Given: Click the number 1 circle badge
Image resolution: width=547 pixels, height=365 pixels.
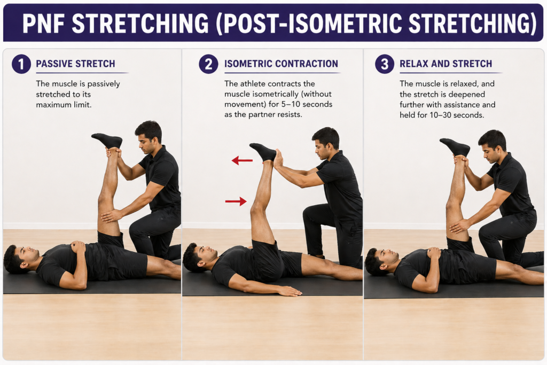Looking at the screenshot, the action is click(21, 64).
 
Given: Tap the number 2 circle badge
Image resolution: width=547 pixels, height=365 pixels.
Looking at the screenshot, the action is click(208, 64).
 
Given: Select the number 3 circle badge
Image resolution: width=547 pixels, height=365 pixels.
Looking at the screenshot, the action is click(385, 64).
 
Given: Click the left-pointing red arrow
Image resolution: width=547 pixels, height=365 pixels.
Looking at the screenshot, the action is click(242, 160).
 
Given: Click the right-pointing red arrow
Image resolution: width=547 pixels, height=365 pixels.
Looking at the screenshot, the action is click(236, 201).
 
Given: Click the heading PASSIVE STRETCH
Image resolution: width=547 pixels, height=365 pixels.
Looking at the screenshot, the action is click(75, 64).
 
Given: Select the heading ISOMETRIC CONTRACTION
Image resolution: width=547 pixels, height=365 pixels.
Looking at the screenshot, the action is click(281, 64).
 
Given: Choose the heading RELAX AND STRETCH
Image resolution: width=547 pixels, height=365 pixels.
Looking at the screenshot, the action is click(446, 64).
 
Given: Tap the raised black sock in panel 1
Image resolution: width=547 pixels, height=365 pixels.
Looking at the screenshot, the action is click(108, 141).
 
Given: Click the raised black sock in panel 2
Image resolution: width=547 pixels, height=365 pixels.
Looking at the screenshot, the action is click(264, 152).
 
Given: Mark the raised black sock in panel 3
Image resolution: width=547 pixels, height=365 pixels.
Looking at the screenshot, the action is click(456, 147).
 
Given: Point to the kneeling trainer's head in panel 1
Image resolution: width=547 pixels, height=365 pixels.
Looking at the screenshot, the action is click(149, 137).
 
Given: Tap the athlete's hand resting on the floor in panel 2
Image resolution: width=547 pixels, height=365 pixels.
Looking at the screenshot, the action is click(289, 291).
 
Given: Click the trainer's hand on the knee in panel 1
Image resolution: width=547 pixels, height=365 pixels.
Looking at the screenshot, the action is click(111, 215).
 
